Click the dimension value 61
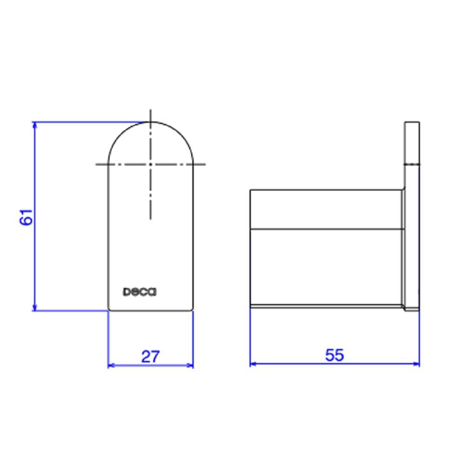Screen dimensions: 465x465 click(27, 217)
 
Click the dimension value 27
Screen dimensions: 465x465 click(150, 357)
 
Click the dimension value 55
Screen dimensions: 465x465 click(334, 355)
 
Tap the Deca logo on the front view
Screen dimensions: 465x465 click(139, 292)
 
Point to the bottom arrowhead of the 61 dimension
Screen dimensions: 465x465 click(34, 308)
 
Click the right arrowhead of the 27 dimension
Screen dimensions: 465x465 click(190, 365)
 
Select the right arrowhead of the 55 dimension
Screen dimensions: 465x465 click(416, 364)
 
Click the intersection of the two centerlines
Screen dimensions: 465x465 click(150, 164)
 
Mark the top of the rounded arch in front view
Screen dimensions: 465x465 click(150, 122)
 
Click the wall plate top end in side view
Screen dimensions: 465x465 click(412, 123)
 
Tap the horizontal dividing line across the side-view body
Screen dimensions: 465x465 click(325, 229)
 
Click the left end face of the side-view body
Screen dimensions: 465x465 click(251, 246)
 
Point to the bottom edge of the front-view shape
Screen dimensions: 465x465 click(150, 310)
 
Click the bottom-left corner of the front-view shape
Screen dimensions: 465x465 click(109, 310)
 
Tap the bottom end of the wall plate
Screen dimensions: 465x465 click(412, 310)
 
